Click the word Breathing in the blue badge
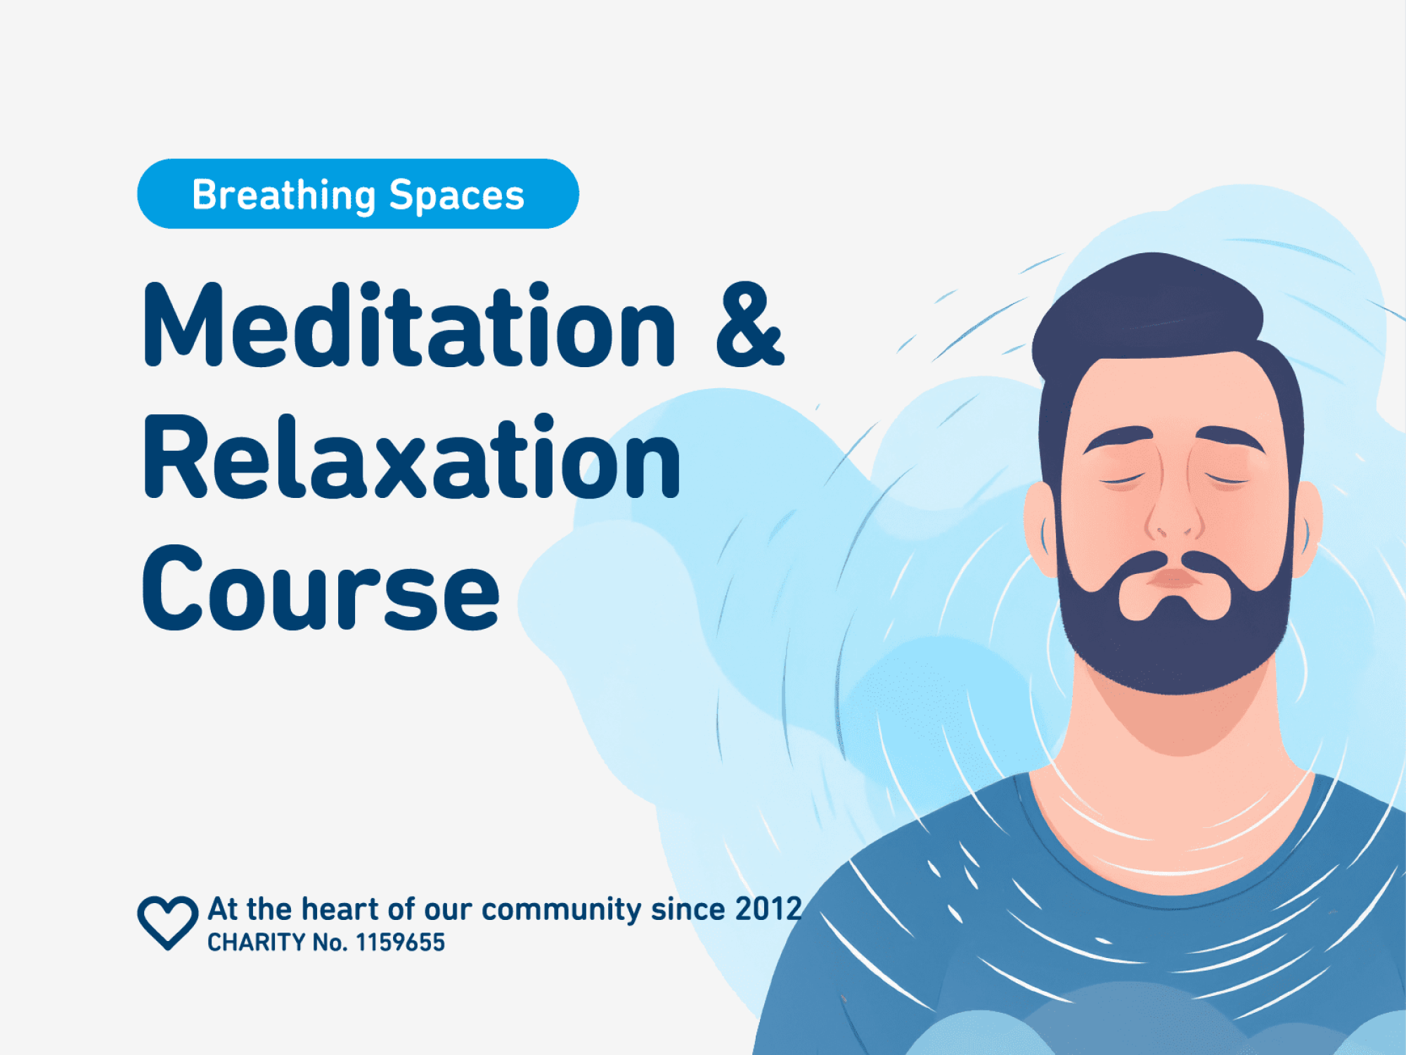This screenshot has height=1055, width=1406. click(x=283, y=195)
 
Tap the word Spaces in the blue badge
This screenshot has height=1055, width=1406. click(x=456, y=195)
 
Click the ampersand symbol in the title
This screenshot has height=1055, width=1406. click(x=749, y=326)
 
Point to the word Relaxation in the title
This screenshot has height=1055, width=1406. click(x=411, y=457)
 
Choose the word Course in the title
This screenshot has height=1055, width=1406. click(x=321, y=588)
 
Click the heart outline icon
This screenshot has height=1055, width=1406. click(x=167, y=922)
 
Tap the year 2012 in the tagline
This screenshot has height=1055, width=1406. click(x=768, y=909)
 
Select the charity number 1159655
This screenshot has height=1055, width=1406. click(x=400, y=942)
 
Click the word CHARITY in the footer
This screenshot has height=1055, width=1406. click(x=256, y=942)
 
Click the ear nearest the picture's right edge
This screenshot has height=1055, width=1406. click(x=1308, y=527)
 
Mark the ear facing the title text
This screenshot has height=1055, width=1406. click(x=1040, y=527)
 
